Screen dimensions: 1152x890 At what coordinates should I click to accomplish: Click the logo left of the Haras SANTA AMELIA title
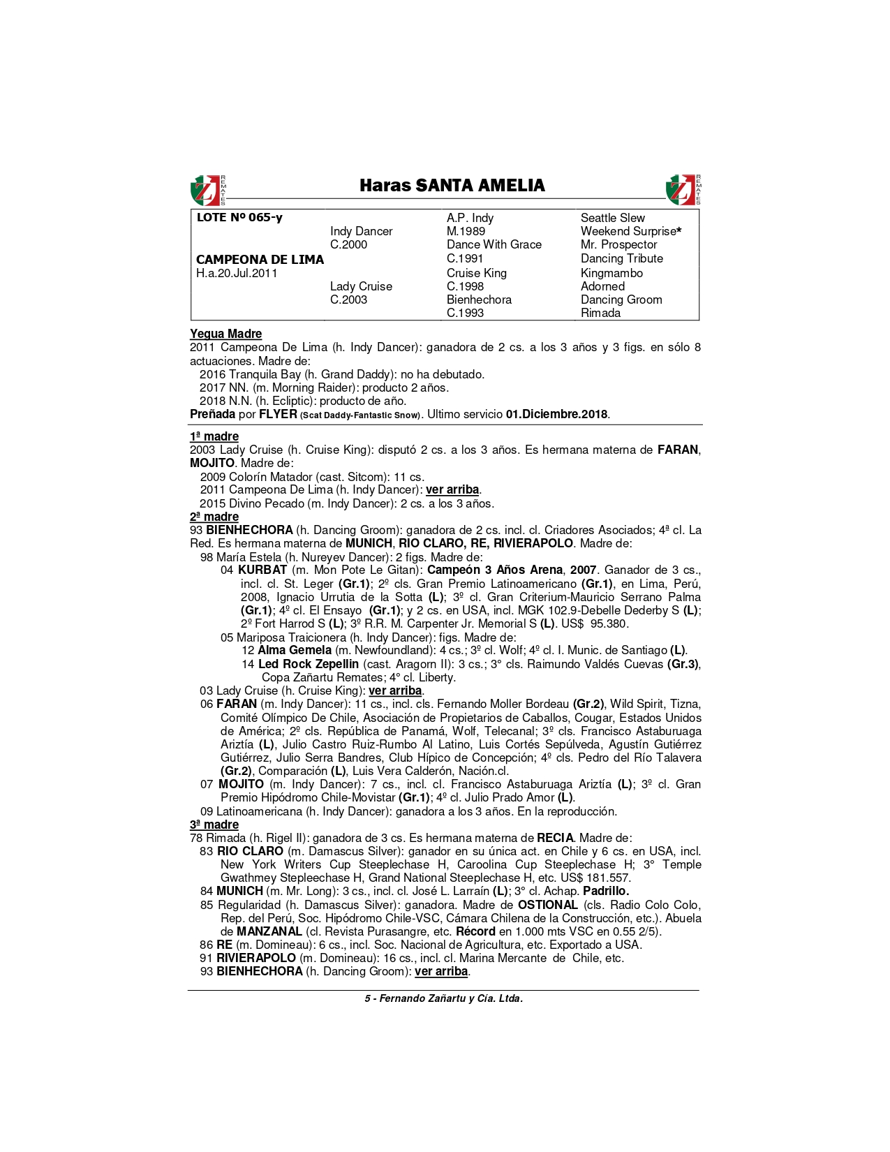[207, 190]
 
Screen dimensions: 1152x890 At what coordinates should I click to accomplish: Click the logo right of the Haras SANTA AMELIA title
[683, 190]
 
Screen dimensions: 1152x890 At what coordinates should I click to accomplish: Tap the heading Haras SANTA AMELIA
[452, 186]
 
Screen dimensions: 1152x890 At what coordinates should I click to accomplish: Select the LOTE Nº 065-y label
[239, 218]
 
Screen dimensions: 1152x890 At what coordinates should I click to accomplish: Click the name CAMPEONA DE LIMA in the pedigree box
[260, 260]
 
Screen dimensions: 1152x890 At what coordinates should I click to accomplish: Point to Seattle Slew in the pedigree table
[612, 218]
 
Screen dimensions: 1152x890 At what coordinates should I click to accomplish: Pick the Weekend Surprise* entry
[630, 231]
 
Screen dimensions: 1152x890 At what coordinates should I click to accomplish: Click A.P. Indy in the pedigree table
[470, 218]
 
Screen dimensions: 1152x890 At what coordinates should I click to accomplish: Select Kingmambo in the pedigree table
[611, 273]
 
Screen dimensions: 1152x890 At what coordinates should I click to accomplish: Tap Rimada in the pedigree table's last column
[600, 313]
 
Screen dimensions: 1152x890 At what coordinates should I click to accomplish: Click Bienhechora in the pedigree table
[479, 300]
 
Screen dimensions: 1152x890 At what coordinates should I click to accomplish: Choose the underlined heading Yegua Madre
[225, 334]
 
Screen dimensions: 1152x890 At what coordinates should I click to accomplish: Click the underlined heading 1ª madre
[214, 436]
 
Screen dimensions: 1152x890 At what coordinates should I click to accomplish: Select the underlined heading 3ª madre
[214, 825]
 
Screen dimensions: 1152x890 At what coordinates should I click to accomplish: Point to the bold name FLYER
[278, 414]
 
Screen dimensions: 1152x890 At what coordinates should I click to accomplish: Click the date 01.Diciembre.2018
[557, 414]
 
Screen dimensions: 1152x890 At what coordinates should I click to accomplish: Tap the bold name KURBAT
[262, 570]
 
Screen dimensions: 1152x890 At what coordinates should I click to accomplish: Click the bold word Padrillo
[606, 891]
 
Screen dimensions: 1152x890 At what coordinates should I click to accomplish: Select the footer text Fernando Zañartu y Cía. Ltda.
[451, 998]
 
